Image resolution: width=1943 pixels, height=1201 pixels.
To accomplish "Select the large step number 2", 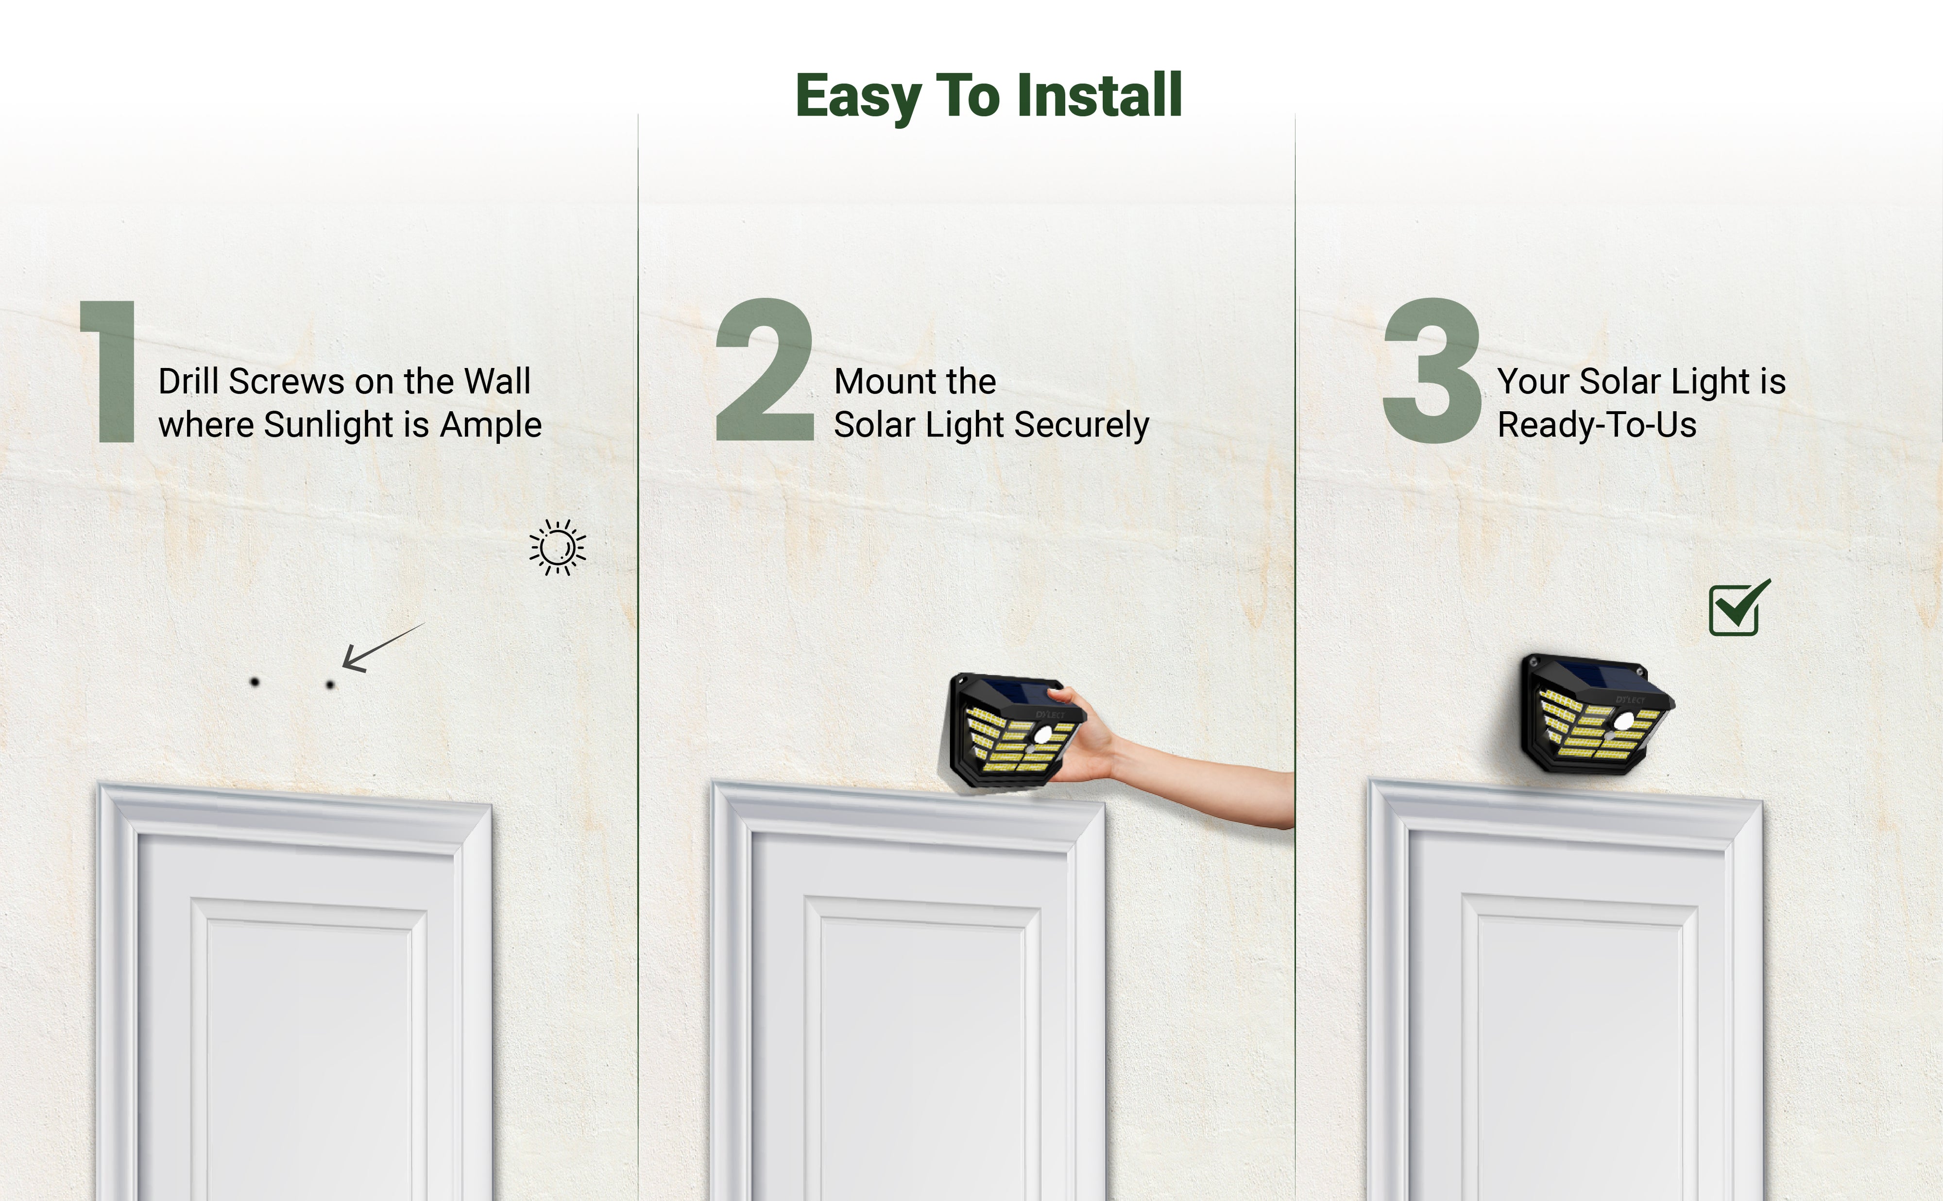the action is [x=765, y=369].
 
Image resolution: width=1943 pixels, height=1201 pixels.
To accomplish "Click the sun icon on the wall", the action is [x=558, y=547].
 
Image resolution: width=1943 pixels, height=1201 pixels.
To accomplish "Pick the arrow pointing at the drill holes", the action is [x=383, y=648].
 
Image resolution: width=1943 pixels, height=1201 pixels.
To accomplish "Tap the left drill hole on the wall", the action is [x=255, y=682].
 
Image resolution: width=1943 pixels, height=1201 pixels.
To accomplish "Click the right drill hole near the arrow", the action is [x=330, y=684].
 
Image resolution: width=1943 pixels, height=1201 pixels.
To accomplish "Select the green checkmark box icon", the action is [x=1738, y=608].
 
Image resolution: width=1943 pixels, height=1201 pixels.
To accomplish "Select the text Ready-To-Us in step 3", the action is [x=1597, y=425].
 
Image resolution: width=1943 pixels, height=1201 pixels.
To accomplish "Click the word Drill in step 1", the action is [x=188, y=381].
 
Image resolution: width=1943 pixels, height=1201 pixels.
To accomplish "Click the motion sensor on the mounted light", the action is [x=1623, y=721].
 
